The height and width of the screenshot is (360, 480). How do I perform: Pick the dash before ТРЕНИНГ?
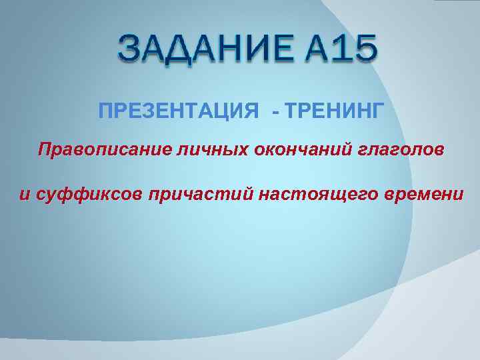[276, 111]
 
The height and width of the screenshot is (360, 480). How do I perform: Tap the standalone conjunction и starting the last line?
[24, 195]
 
